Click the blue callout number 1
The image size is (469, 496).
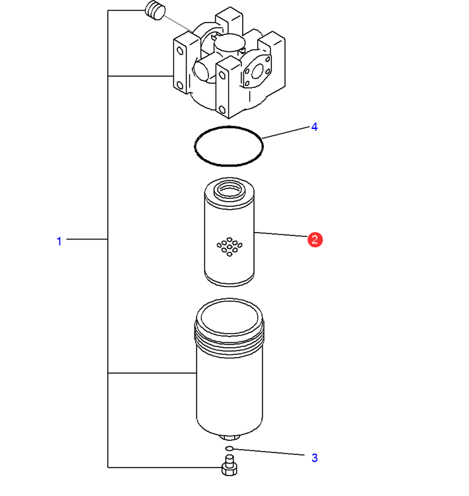(59, 241)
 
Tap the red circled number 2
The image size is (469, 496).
(315, 239)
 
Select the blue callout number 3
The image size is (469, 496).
(314, 458)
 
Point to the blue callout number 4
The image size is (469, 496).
(314, 127)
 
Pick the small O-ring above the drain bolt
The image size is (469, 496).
(229, 448)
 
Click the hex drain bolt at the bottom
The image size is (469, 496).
(229, 466)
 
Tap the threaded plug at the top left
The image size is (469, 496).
(155, 11)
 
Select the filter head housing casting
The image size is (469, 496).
(229, 63)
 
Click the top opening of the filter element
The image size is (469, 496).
(230, 190)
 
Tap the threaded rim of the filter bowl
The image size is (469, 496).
(229, 340)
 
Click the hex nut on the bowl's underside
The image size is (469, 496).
(230, 438)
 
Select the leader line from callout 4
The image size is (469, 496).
(286, 132)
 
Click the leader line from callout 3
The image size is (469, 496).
(269, 452)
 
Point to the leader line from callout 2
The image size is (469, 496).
(280, 234)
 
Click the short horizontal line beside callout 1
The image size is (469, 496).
(87, 239)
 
